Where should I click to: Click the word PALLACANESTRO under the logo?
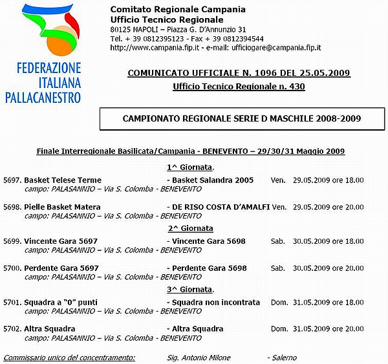52,98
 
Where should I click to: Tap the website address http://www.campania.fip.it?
153,48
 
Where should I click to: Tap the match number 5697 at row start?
12,180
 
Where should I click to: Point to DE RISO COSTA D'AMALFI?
221,207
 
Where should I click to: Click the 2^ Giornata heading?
191,228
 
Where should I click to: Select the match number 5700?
12,268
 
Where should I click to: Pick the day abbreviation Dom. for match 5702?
279,329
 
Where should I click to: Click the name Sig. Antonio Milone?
208,358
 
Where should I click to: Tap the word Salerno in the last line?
284,358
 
